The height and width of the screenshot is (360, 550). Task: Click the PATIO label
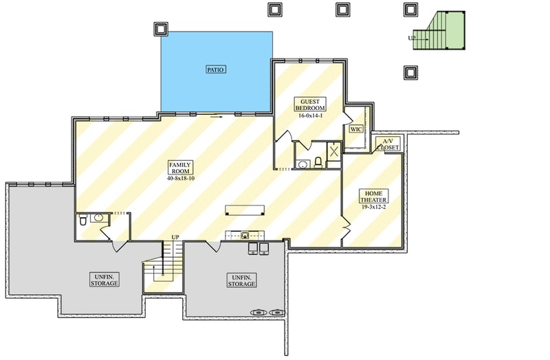[x=217, y=69]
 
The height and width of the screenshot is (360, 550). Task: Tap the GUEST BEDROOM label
[x=311, y=104]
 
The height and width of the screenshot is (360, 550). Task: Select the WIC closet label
[x=355, y=128]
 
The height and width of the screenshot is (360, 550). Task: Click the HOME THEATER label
[x=375, y=196]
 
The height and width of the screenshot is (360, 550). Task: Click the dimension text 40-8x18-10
[x=181, y=178]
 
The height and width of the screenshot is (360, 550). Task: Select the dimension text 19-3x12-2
[x=375, y=206]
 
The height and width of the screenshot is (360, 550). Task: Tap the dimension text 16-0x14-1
[x=311, y=116]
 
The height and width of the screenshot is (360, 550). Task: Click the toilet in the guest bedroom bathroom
[x=318, y=163]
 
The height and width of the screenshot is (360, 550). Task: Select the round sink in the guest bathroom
[x=302, y=164]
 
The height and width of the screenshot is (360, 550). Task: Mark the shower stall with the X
[x=333, y=152]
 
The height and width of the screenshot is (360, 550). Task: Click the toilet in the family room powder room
[x=83, y=220]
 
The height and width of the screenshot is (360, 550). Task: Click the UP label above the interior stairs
[x=175, y=237]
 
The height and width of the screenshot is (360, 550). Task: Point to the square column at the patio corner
[x=160, y=29]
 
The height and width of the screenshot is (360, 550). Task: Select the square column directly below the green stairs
[x=410, y=71]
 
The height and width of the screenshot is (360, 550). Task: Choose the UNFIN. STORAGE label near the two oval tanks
[x=241, y=280]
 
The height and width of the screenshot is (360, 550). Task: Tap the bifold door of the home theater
[x=344, y=225]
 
